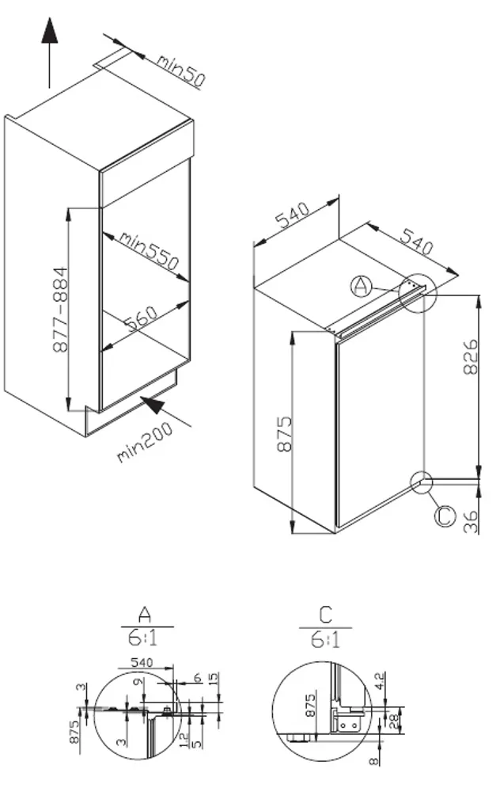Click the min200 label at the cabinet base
pos(145,444)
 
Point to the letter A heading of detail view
pos(144,614)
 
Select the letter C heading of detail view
pos(325,614)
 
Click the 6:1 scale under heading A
pos(143,638)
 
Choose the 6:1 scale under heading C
pos(325,638)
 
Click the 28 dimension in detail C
pos(395,720)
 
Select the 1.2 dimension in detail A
pos(183,741)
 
